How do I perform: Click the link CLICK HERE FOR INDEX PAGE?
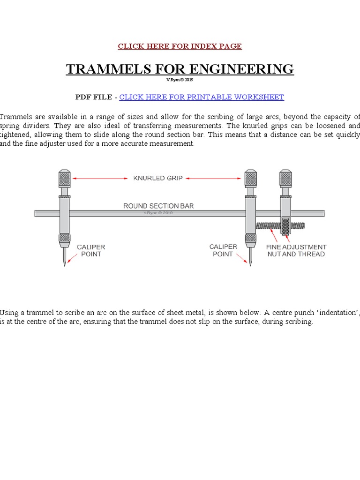coord(180,46)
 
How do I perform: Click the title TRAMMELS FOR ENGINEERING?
coord(180,69)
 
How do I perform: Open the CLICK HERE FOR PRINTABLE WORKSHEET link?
coord(202,97)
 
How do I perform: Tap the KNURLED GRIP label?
coord(157,178)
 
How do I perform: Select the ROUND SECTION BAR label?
coord(158,206)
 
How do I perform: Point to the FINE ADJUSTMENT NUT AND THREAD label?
coord(296,250)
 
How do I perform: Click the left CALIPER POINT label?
coord(91,250)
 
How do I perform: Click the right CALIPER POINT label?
coord(224,250)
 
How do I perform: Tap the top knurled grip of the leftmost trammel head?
coord(64,179)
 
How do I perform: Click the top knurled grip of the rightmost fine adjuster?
coord(286,179)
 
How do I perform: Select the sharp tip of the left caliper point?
coord(65,265)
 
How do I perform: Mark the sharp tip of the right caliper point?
coord(251,265)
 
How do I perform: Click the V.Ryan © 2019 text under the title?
coord(180,80)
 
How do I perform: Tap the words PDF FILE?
coord(93,97)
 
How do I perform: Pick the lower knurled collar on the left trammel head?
coord(64,238)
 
